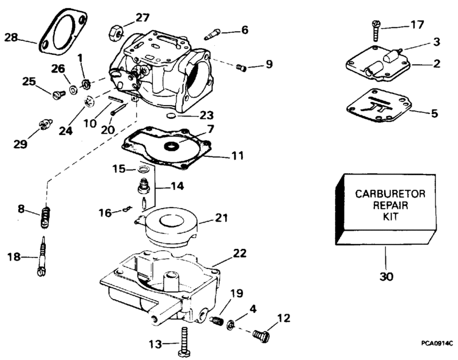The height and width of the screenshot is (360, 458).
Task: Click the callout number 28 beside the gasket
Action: point(12,38)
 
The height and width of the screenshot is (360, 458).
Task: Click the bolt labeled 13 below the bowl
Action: point(184,341)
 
